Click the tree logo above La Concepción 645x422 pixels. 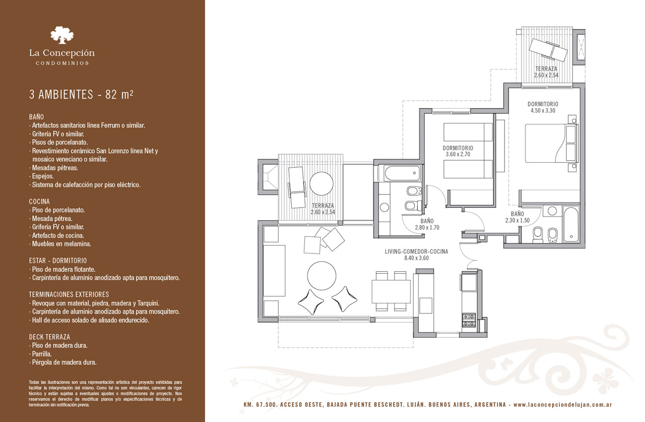[62, 35]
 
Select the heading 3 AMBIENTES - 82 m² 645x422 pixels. [81, 94]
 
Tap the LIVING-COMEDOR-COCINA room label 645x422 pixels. [416, 251]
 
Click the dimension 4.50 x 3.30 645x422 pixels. [543, 111]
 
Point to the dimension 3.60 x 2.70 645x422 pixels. [458, 154]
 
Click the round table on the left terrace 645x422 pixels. [322, 183]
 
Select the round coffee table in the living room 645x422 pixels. [322, 276]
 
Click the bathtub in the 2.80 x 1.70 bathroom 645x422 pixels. [402, 173]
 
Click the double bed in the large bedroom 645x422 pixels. [551, 143]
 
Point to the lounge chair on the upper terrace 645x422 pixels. [549, 54]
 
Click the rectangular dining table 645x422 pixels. [391, 291]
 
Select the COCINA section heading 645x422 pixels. [39, 201]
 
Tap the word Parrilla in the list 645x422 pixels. [42, 354]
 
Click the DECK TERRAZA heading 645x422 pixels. [49, 337]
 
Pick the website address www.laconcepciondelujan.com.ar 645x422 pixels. [563, 405]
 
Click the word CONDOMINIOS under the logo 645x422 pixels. [62, 63]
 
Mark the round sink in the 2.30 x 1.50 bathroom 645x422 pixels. [552, 211]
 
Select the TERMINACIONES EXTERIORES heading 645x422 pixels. [69, 295]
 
